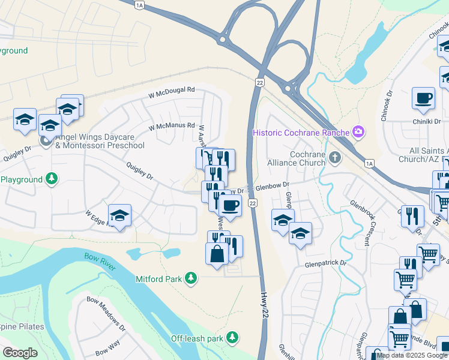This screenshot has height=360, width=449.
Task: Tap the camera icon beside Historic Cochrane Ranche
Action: click(x=359, y=131)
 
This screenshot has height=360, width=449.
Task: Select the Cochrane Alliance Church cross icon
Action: click(x=335, y=158)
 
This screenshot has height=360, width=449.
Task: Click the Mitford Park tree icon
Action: click(x=191, y=277)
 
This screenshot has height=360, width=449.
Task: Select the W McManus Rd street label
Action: click(x=172, y=126)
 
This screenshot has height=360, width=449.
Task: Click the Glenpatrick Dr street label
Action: click(x=326, y=263)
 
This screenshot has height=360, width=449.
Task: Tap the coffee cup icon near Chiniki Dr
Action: click(x=423, y=97)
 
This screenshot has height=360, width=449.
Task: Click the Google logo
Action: click(x=20, y=352)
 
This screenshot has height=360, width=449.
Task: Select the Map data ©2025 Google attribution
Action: click(x=412, y=355)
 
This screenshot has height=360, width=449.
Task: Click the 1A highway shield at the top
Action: click(x=140, y=5)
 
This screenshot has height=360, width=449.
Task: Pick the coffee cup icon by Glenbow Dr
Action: click(x=230, y=205)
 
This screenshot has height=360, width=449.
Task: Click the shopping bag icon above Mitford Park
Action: click(x=217, y=253)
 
